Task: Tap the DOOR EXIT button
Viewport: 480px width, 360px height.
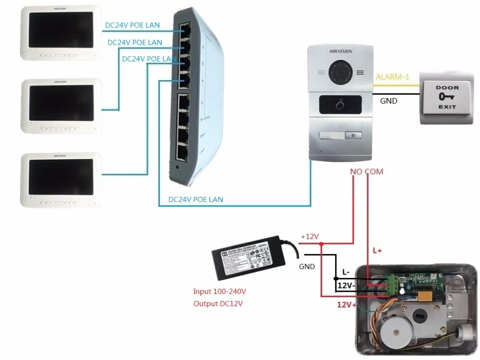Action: pos(447,97)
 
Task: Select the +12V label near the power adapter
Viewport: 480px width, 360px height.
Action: pos(310,237)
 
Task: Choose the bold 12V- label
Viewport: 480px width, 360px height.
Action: pos(347,285)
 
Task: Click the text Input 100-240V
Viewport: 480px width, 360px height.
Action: pos(223,291)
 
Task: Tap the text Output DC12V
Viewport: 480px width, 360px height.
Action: pos(218,303)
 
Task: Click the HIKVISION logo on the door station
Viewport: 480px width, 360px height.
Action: pos(341,52)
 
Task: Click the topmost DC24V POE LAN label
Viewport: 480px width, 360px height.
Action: pos(132,25)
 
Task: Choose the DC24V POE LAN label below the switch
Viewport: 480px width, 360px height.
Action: pos(195,199)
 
